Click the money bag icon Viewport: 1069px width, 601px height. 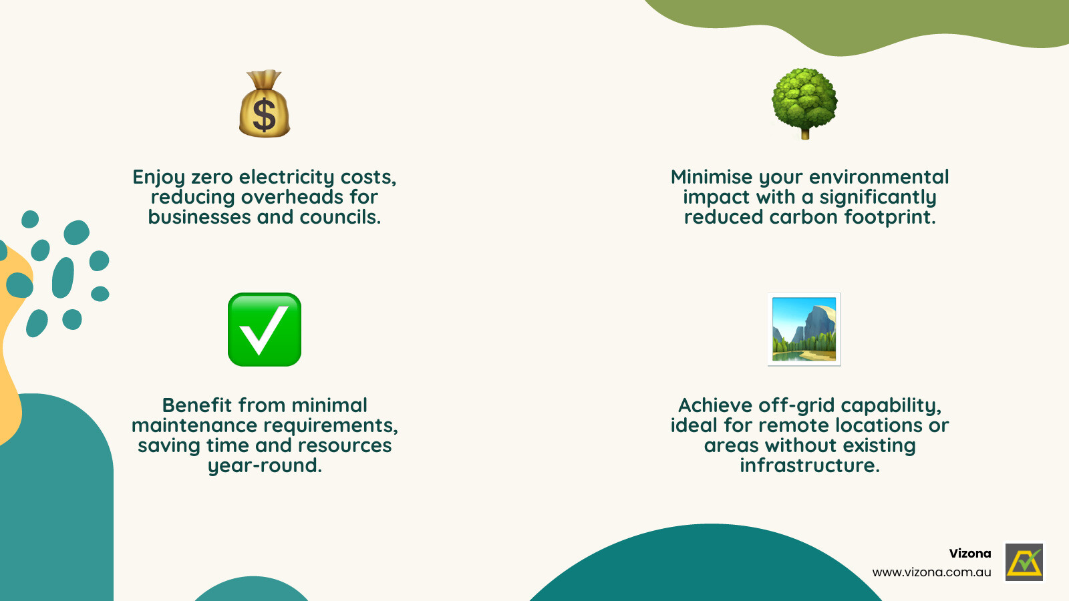tap(265, 105)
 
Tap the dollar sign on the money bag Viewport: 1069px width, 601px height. tap(265, 115)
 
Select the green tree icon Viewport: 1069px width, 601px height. tap(804, 100)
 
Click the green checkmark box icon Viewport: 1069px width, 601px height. tap(265, 329)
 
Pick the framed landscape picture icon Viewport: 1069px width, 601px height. tap(804, 329)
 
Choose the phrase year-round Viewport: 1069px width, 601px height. tap(265, 465)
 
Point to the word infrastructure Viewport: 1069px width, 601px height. tap(809, 465)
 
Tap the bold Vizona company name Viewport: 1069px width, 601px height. tap(970, 554)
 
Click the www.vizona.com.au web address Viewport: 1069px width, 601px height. tap(931, 572)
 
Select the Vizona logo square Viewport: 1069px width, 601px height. tap(1024, 562)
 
